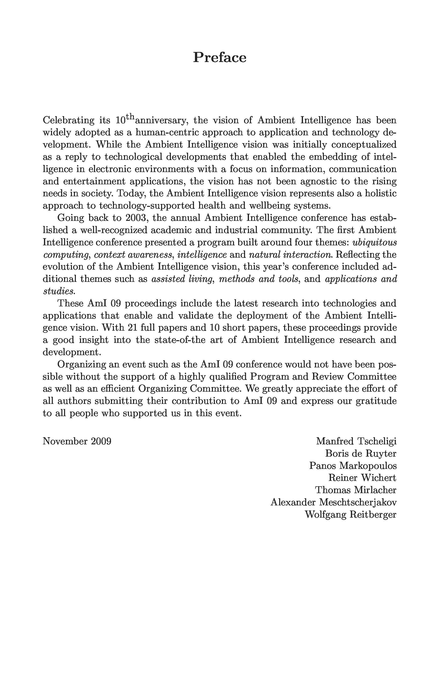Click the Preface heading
click(x=220, y=58)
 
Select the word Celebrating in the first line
click(x=68, y=120)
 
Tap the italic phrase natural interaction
click(x=290, y=255)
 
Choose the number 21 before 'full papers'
click(x=133, y=328)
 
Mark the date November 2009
click(x=77, y=441)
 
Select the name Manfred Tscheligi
click(x=356, y=441)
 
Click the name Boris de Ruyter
click(x=360, y=453)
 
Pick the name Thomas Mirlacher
click(x=356, y=490)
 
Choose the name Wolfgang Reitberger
click(x=350, y=514)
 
